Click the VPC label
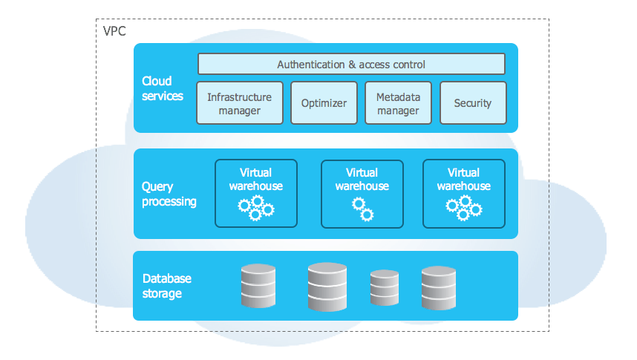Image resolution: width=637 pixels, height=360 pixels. [114, 32]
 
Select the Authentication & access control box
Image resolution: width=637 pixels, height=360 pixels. [351, 64]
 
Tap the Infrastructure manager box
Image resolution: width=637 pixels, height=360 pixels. [239, 103]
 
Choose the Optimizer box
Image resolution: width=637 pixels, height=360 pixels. [324, 103]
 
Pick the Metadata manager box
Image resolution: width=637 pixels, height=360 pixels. [398, 103]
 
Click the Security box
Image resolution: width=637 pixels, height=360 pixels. [472, 103]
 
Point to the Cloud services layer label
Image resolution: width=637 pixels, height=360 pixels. [162, 88]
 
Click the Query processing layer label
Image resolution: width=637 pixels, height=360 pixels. [169, 194]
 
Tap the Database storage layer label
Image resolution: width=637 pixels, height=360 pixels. [166, 286]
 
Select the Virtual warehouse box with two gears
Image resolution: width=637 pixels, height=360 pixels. [362, 194]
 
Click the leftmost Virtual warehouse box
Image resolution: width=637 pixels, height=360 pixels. [255, 193]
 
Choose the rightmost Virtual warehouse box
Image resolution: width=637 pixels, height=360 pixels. [463, 193]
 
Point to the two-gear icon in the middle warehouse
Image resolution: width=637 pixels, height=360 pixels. [362, 209]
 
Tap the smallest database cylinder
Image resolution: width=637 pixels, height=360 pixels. [385, 288]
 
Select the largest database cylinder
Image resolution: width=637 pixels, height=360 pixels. [327, 287]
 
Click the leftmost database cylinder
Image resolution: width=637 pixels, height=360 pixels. [258, 287]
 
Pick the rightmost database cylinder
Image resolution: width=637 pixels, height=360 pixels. [438, 287]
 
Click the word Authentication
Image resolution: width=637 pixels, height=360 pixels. [311, 65]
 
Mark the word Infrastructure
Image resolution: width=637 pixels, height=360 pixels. [239, 97]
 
